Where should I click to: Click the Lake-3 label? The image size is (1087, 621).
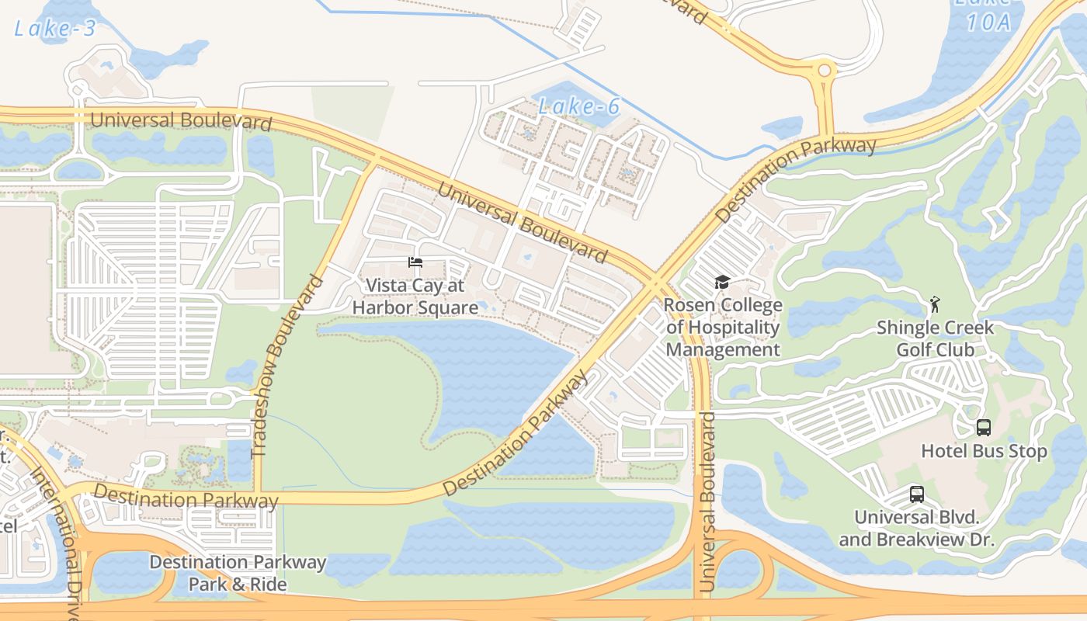pyautogui.click(x=55, y=29)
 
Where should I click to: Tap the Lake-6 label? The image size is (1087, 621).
pyautogui.click(x=579, y=107)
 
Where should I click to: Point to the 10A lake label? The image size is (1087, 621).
pyautogui.click(x=988, y=22)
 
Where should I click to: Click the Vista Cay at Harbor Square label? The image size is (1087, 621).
pyautogui.click(x=415, y=297)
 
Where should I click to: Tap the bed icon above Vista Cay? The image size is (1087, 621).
pyautogui.click(x=415, y=262)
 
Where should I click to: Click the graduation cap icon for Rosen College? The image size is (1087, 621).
pyautogui.click(x=722, y=282)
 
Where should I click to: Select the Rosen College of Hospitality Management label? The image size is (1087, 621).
pyautogui.click(x=723, y=328)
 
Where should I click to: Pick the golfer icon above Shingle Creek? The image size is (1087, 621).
pyautogui.click(x=935, y=304)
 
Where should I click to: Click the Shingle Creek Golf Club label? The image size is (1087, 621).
pyautogui.click(x=935, y=338)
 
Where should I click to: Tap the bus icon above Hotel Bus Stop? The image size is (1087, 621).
pyautogui.click(x=983, y=427)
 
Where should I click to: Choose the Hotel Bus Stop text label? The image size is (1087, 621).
pyautogui.click(x=984, y=451)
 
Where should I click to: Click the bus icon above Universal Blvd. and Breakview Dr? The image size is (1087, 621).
pyautogui.click(x=916, y=494)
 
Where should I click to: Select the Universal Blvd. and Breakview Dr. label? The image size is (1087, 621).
pyautogui.click(x=916, y=528)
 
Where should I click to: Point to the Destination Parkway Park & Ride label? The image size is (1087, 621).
pyautogui.click(x=238, y=573)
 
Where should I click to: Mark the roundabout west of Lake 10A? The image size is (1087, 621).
pyautogui.click(x=824, y=71)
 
